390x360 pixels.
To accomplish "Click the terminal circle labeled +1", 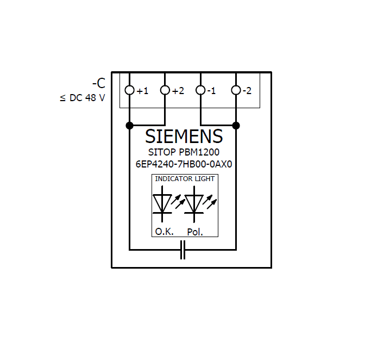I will (129, 90).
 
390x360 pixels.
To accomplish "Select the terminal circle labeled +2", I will (165, 90).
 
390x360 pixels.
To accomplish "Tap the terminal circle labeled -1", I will (201, 90).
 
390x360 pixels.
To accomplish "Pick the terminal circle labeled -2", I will (236, 90).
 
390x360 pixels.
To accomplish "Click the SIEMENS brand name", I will (184, 136).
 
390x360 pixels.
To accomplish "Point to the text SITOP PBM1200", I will (184, 152).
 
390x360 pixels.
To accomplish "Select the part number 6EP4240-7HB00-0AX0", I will (184, 164).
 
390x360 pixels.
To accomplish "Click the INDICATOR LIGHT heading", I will (185, 178).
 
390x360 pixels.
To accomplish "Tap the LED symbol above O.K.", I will (162, 203).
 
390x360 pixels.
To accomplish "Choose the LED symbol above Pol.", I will (194, 203).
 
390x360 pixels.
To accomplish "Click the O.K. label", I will (164, 232).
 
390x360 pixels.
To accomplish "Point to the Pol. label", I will (195, 232).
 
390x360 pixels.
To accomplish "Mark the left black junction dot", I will (129, 126).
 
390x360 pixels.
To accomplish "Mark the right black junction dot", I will (236, 126).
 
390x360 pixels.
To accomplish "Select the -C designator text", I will (98, 84).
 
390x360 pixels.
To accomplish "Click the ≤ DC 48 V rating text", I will (83, 99).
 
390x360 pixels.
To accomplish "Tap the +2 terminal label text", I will (178, 91).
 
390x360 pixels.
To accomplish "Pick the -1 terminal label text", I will (211, 91).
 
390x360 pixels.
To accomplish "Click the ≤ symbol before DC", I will (62, 99).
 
